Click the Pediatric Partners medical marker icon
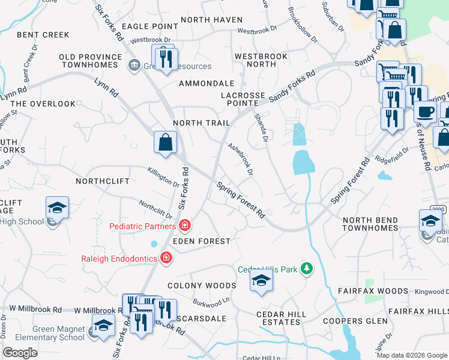(x=185, y=226)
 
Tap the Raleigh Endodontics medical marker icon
(x=166, y=259)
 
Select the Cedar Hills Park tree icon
(x=307, y=268)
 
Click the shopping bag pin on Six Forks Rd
(x=165, y=143)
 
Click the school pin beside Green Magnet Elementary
(x=103, y=326)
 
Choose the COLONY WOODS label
(x=202, y=286)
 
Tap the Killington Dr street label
(x=164, y=177)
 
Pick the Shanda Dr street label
(x=261, y=128)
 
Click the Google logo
(x=20, y=353)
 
